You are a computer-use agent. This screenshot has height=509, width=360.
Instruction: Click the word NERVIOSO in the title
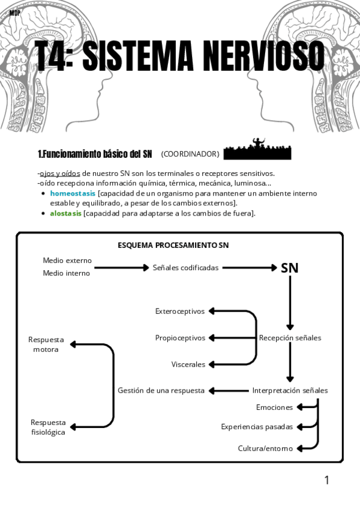pyautogui.click(x=263, y=56)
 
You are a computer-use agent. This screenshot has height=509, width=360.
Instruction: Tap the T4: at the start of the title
pyautogui.click(x=53, y=56)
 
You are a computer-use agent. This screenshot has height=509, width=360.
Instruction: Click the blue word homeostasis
pyautogui.click(x=73, y=193)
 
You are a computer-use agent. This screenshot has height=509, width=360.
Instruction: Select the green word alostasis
pyautogui.click(x=65, y=213)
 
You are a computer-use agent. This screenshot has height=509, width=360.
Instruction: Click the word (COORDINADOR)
pyautogui.click(x=190, y=154)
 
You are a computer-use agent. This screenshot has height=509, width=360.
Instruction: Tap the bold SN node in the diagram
pyautogui.click(x=290, y=268)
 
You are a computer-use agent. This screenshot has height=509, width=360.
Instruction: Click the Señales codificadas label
pyautogui.click(x=185, y=268)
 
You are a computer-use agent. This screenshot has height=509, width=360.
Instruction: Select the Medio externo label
pyautogui.click(x=67, y=261)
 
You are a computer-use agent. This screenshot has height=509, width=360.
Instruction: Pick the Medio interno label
pyautogui.click(x=67, y=274)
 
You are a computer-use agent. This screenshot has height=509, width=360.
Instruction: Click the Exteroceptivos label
pyautogui.click(x=180, y=312)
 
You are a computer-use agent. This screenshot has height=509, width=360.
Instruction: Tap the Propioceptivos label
pyautogui.click(x=180, y=338)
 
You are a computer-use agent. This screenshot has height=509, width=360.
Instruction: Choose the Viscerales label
pyautogui.click(x=188, y=364)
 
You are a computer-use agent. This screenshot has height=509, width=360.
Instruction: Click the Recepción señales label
pyautogui.click(x=290, y=338)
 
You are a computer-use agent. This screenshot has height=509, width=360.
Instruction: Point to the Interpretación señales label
pyautogui.click(x=290, y=390)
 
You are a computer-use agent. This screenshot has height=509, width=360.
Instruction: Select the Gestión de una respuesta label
pyautogui.click(x=161, y=390)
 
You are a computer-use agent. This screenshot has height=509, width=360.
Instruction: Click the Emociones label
pyautogui.click(x=275, y=408)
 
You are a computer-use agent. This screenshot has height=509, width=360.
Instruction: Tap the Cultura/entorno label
pyautogui.click(x=266, y=448)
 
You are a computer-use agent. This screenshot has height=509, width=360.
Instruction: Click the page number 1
pyautogui.click(x=327, y=480)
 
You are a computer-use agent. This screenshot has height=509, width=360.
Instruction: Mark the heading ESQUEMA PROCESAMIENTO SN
pyautogui.click(x=173, y=245)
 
